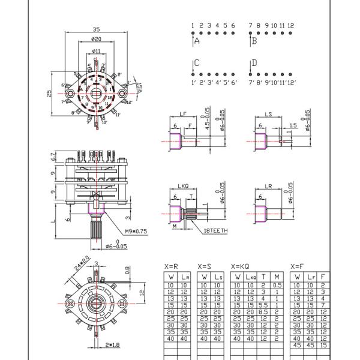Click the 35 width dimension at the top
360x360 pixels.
(x=96, y=29)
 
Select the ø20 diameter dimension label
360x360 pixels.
(x=96, y=39)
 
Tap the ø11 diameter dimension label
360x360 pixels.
(x=96, y=52)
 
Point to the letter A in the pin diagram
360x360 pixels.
(x=197, y=41)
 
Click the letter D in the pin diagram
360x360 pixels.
(x=254, y=63)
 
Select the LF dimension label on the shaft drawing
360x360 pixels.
(x=182, y=114)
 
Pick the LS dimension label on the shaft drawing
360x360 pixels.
(x=268, y=114)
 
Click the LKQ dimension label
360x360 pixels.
(x=184, y=187)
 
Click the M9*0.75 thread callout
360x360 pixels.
(x=137, y=231)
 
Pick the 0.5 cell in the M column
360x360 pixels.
(x=277, y=285)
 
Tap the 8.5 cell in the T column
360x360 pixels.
(x=263, y=311)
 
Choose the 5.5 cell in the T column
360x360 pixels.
(x=263, y=305)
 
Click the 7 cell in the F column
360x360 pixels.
(x=323, y=305)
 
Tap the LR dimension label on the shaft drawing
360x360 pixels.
(x=268, y=187)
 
